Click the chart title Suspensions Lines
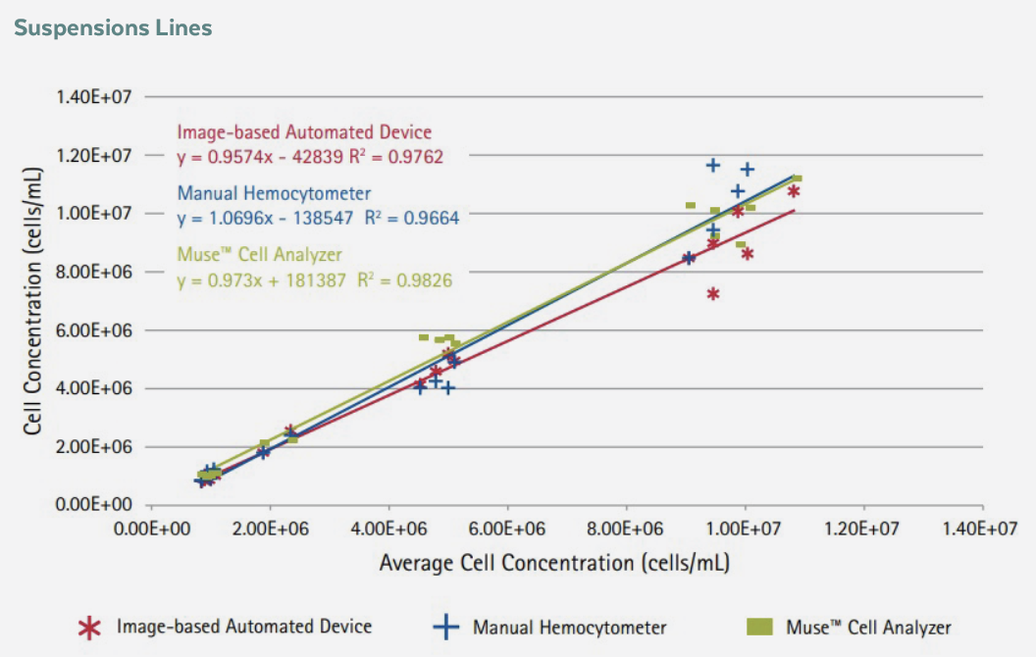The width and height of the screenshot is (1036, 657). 113,27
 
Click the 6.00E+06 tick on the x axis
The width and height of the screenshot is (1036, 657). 508,530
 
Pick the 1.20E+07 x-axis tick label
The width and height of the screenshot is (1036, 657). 863,530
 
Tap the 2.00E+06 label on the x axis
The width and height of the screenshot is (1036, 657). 270,530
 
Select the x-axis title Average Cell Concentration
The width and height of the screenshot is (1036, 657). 554,563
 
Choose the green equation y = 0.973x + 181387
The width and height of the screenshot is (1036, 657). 265,280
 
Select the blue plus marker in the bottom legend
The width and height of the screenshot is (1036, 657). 446,628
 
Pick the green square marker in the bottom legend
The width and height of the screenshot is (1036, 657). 759,626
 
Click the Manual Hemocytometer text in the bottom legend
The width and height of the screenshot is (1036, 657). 569,628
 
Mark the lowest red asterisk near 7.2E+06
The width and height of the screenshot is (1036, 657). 713,293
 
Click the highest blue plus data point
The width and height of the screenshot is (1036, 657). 713,165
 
